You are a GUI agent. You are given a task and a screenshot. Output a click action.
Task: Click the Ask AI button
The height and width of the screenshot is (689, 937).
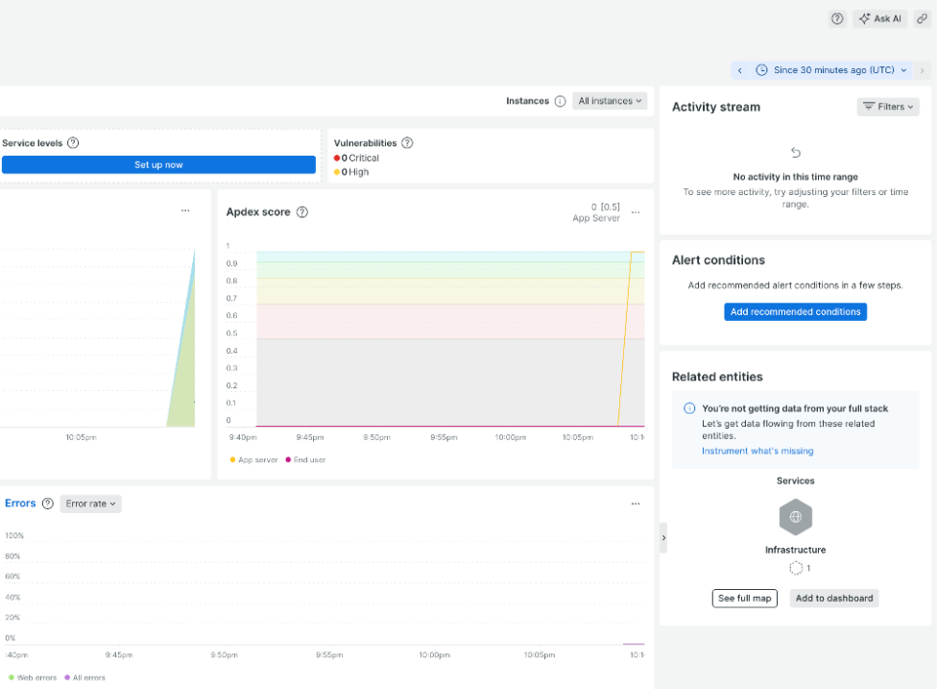click(879, 18)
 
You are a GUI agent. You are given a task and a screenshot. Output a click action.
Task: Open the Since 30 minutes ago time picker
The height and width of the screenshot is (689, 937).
click(831, 70)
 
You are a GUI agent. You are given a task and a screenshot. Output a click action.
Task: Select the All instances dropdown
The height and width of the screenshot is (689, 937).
click(611, 101)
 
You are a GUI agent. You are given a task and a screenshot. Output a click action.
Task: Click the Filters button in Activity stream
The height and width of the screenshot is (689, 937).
click(888, 107)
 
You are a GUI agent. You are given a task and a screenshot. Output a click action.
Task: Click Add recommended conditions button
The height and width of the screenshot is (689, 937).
click(795, 311)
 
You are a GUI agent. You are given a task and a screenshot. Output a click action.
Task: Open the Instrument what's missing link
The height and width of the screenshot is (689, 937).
click(757, 451)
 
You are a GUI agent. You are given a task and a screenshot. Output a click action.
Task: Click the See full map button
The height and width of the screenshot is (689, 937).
click(744, 598)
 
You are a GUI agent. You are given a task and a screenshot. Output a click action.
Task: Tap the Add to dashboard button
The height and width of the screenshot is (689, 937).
click(834, 598)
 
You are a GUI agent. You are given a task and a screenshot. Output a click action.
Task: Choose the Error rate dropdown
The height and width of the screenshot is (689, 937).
click(90, 504)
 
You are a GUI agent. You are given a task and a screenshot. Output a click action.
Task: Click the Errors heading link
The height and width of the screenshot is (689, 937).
click(20, 504)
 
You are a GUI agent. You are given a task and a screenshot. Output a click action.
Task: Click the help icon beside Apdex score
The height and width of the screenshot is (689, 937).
click(301, 211)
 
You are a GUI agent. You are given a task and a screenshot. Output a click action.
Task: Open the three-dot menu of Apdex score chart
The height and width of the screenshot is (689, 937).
click(636, 211)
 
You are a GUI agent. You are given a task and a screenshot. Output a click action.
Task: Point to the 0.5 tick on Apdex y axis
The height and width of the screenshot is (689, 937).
click(231, 333)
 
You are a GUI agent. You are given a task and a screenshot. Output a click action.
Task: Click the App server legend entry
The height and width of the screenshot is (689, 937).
click(254, 460)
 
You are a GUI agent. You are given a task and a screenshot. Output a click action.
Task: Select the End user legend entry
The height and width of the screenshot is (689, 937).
click(306, 460)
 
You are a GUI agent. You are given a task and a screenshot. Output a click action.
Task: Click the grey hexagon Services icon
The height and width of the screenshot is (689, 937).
click(795, 517)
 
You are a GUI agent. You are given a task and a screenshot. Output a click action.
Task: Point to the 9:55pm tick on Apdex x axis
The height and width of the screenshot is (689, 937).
click(443, 437)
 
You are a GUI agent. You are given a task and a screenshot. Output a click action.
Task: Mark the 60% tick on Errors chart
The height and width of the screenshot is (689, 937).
click(12, 577)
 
